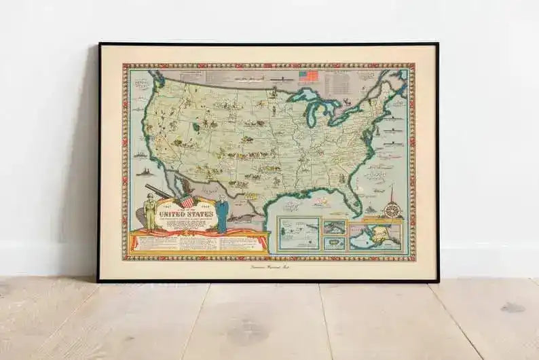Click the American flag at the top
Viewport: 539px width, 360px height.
(308, 77)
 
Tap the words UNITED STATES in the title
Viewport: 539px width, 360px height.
(186, 215)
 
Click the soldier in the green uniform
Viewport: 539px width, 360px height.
(151, 211)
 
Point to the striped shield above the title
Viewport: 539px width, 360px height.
(187, 201)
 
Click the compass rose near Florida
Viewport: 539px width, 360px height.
(392, 210)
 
